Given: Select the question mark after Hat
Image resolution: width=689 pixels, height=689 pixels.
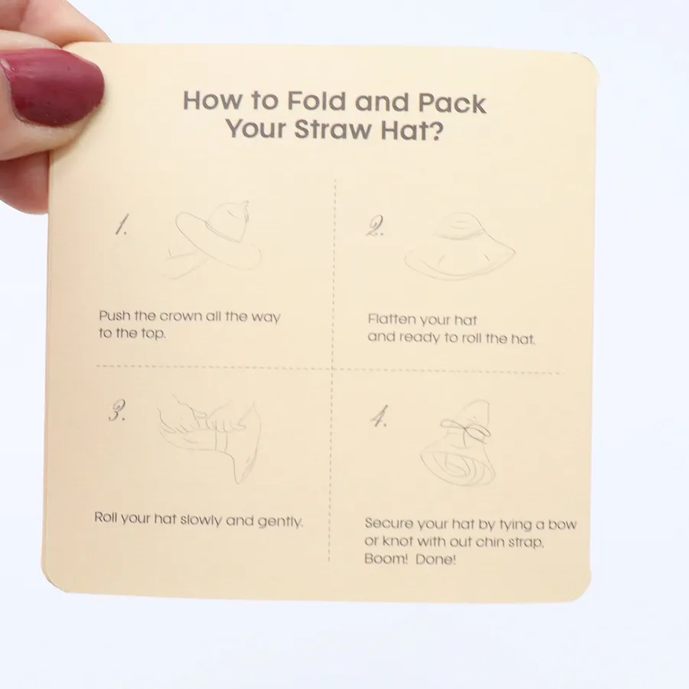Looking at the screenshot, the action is (x=434, y=130).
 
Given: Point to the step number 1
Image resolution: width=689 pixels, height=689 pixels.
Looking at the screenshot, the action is (x=121, y=225).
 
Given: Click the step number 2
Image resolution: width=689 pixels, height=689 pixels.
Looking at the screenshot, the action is (x=375, y=227).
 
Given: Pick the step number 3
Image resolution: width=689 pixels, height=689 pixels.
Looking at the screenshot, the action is (x=117, y=411).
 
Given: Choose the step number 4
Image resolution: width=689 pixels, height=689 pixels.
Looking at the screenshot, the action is (x=379, y=416).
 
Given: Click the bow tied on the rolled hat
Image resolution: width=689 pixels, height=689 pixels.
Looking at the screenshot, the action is (x=465, y=429).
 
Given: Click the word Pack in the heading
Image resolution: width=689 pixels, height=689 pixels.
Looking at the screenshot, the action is (x=452, y=103).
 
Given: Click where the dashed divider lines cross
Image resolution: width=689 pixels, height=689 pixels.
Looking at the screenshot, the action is (x=333, y=369).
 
